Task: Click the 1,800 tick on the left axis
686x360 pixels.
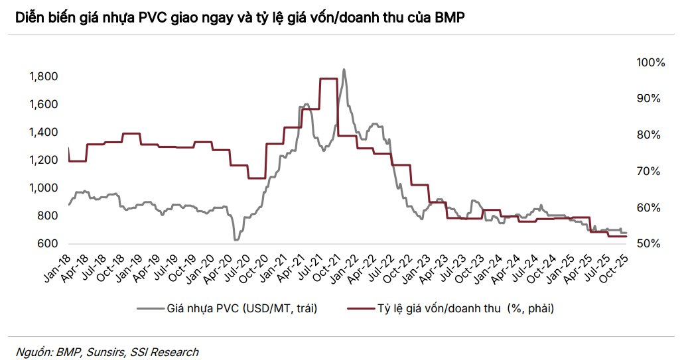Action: [44, 77]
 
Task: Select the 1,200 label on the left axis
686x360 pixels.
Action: [44, 160]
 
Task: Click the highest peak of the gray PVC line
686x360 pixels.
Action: [344, 70]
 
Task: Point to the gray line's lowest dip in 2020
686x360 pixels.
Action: [236, 239]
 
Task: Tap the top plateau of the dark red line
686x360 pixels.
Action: [328, 79]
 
